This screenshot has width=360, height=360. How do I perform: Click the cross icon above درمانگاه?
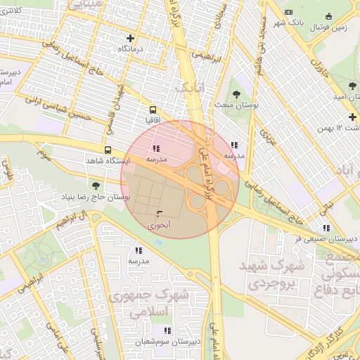click(130, 38)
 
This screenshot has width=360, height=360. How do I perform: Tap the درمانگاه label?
click(131, 49)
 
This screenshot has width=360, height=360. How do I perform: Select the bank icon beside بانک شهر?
click(288, 12)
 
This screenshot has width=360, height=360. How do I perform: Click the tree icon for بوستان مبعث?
click(236, 94)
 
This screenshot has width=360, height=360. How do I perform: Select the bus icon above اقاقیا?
click(153, 110)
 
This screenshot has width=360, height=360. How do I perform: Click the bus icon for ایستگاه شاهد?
click(108, 150)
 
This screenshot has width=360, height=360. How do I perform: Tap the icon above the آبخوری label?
click(158, 214)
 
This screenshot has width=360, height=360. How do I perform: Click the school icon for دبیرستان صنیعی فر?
click(326, 228)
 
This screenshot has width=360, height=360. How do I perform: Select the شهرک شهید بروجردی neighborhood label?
click(269, 277)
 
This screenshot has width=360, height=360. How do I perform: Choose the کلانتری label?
click(18, 11)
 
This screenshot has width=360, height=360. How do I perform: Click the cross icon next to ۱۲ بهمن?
click(353, 117)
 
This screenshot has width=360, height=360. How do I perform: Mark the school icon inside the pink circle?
click(155, 149)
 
